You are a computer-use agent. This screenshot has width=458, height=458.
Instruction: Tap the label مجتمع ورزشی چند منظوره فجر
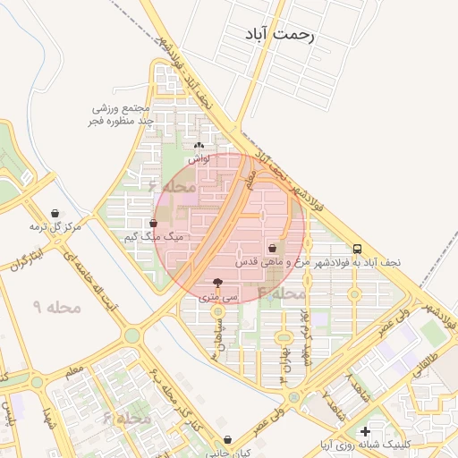123,114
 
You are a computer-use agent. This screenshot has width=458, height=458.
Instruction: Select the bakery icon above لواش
199,145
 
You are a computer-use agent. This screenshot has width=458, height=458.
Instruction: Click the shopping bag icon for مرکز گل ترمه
57,214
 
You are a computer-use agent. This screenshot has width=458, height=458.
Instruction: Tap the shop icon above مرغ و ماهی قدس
272,249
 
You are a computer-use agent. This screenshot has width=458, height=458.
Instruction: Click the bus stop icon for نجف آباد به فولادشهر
358,249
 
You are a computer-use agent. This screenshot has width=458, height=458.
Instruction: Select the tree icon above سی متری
218,281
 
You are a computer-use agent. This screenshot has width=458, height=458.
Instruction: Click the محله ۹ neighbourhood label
57,307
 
